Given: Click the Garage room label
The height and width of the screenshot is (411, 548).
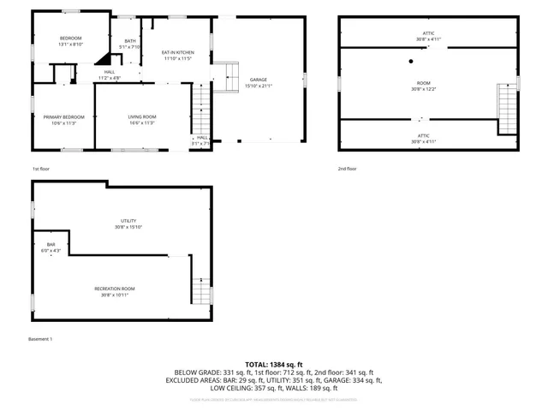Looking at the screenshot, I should click(258, 83).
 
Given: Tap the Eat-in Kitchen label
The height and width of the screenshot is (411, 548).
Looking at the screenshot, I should click(178, 56).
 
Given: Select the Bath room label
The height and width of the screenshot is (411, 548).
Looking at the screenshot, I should click(130, 44).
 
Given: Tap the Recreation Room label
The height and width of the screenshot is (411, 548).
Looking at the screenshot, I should click(115, 291).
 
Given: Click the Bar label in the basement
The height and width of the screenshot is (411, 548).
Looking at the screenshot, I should click(51, 247).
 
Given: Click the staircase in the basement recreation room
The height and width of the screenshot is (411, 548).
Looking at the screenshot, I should click(200, 292).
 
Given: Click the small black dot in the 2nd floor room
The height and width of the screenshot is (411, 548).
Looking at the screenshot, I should click(411, 61).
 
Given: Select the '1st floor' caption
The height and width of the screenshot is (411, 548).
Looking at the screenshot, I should click(41, 169).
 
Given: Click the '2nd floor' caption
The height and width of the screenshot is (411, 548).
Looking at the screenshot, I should click(347, 169).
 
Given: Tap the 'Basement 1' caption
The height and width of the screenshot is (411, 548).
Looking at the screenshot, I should click(40, 339).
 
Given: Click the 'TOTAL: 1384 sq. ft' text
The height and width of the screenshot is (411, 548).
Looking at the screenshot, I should click(274, 364).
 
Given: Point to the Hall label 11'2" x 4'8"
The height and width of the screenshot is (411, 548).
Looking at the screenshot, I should click(110, 74).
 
